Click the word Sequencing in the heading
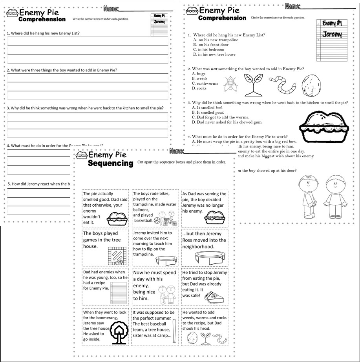pyautogui.click(x=110, y=164)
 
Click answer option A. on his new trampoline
pyautogui.click(x=216, y=40)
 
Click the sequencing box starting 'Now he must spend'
pyautogui.click(x=155, y=287)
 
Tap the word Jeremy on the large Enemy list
pyautogui.click(x=332, y=35)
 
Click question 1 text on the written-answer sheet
pyautogui.click(x=45, y=33)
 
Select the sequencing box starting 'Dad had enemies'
pyautogui.click(x=105, y=287)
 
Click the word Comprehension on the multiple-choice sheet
pyautogui.click(x=222, y=18)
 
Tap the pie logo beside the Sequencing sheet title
pyautogui.click(x=81, y=156)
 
